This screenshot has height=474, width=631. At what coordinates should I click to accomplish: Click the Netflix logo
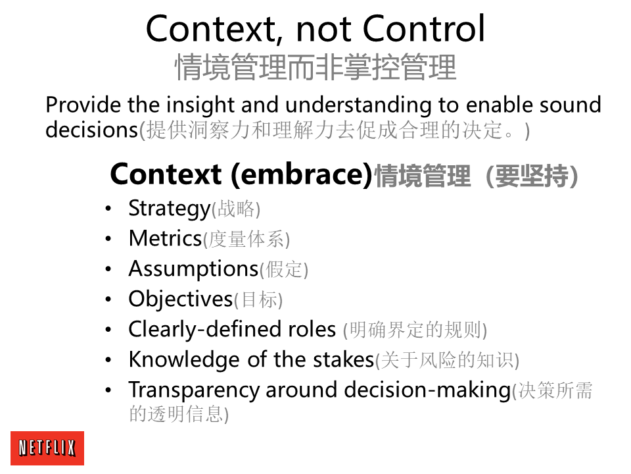47,448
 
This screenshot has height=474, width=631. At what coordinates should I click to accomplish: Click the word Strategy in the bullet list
170,209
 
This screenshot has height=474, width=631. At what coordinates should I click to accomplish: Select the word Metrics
165,238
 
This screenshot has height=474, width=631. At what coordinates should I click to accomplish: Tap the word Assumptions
193,269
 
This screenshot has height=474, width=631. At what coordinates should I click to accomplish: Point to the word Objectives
181,300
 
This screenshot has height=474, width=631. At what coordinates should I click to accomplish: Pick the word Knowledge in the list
184,360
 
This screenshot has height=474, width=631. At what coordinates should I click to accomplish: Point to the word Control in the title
424,28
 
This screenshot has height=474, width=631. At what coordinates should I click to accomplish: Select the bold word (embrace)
302,174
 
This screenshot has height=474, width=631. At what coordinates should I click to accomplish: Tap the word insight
200,105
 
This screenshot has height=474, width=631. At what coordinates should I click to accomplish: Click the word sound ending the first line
571,105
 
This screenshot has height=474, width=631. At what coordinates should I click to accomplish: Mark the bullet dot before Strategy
108,209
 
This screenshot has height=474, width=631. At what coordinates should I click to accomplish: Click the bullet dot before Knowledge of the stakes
108,360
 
